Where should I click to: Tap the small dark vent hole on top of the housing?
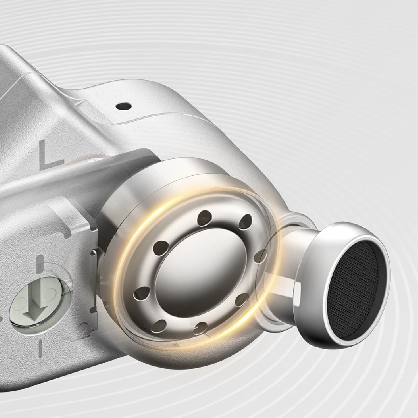[x=124, y=106]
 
